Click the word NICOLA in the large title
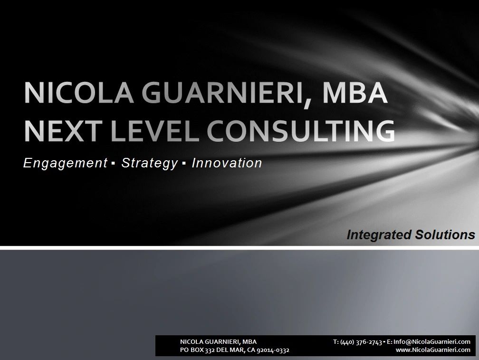click(79, 93)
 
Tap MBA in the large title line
click(355, 93)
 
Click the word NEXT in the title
click(63, 131)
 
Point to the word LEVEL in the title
click(155, 131)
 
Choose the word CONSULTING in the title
click(301, 131)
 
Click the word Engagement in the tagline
click(65, 164)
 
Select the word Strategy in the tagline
click(149, 164)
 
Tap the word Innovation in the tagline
click(227, 163)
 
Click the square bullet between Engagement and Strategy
click(113, 164)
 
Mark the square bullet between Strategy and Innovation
click(184, 164)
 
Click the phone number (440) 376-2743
click(361, 342)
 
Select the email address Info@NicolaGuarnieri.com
click(431, 341)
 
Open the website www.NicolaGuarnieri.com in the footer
click(433, 350)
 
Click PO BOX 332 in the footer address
click(197, 350)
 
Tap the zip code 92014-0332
click(273, 350)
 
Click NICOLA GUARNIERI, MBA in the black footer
click(219, 342)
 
